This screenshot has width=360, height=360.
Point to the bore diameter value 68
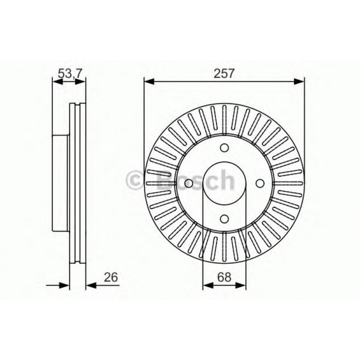point(224,277)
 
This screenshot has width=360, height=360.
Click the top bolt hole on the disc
point(224,148)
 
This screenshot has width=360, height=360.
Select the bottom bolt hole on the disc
point(224,218)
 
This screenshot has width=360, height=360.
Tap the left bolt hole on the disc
point(190,183)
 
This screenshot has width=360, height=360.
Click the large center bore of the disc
point(224,183)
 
